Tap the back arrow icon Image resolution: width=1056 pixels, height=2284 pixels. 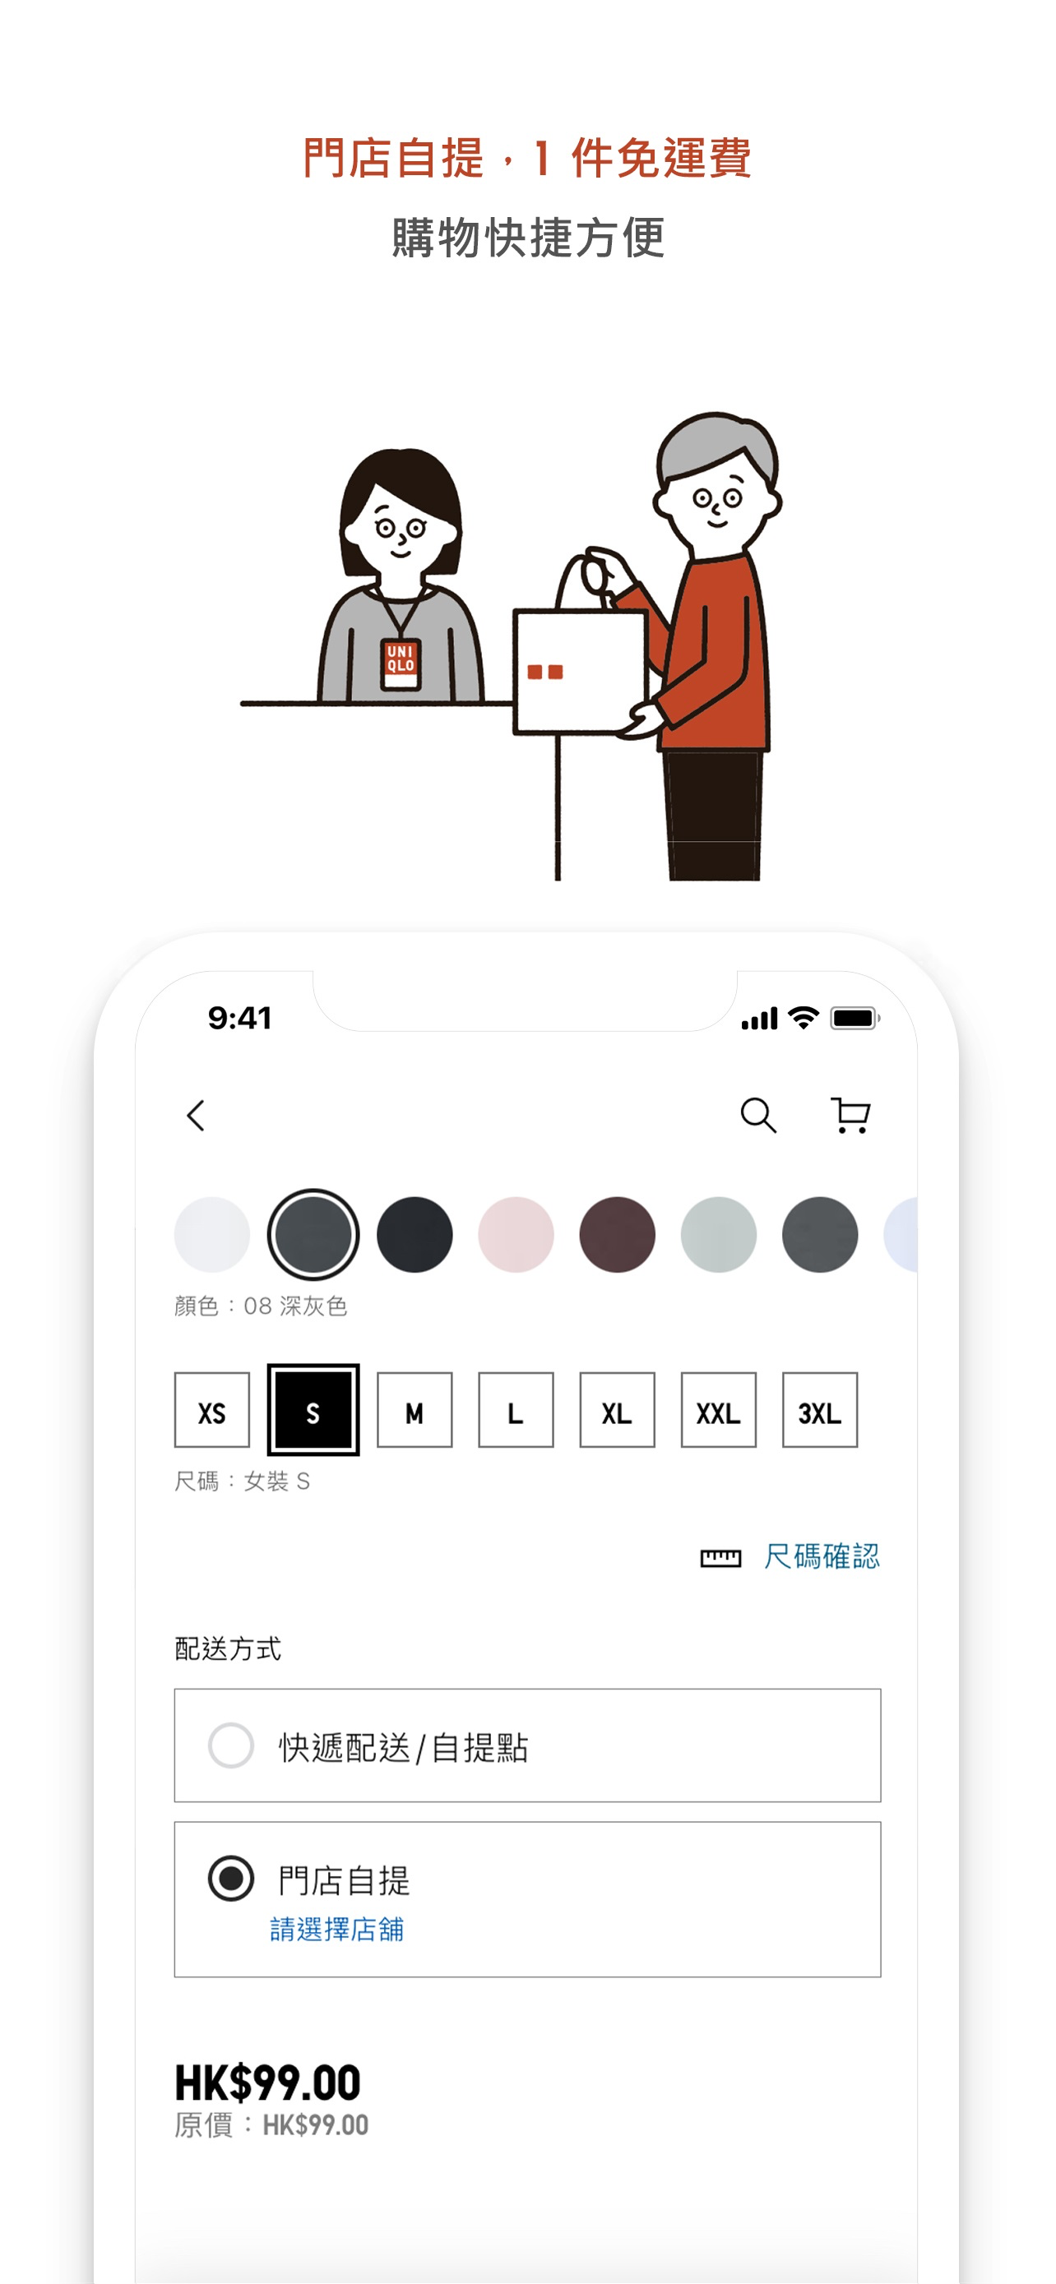click(196, 1116)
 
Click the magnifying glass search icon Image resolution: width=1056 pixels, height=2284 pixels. click(758, 1116)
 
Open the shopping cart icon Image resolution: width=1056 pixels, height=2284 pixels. click(850, 1116)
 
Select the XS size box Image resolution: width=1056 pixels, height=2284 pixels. click(212, 1410)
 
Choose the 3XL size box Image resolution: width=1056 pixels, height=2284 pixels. click(820, 1410)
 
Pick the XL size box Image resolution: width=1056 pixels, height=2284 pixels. click(617, 1410)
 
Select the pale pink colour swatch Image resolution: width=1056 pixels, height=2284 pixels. click(516, 1234)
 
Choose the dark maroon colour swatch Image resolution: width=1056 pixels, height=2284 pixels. click(617, 1234)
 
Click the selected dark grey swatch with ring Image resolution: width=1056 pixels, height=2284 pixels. click(313, 1234)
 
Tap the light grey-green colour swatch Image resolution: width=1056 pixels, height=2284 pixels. click(718, 1234)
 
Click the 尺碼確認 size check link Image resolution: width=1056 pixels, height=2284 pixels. click(822, 1556)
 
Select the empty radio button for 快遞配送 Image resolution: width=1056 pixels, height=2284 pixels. click(230, 1745)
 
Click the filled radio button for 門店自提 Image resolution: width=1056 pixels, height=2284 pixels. click(230, 1878)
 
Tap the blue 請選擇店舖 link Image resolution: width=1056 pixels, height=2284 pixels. click(337, 1930)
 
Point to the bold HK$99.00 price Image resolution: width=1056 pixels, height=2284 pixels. click(268, 2083)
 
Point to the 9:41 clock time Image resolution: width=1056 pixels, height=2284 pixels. click(239, 1018)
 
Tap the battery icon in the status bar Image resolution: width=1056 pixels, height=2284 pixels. click(855, 1018)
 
